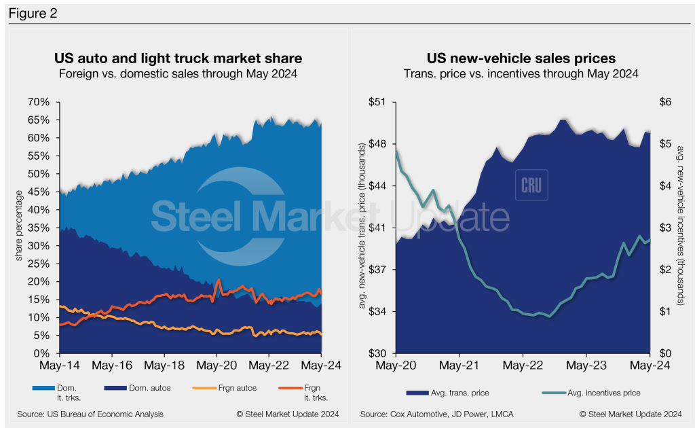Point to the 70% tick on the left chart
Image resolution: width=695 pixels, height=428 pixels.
(39, 102)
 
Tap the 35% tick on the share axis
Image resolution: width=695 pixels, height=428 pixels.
(39, 228)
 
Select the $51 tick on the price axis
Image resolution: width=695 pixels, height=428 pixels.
(375, 102)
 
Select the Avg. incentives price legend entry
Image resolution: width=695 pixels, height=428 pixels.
(590, 393)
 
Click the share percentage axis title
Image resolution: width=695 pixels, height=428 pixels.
(19, 228)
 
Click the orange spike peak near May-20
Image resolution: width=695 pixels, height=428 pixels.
(218, 279)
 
